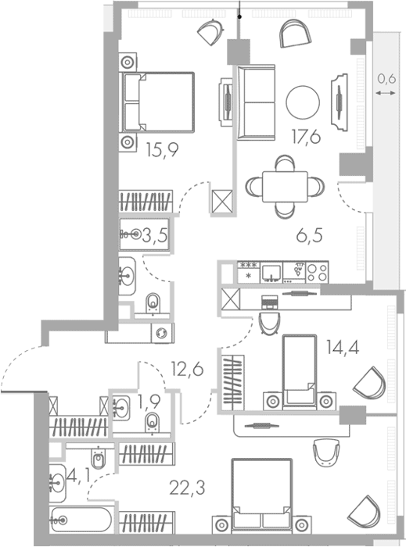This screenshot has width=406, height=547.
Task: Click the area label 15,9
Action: click(163, 150)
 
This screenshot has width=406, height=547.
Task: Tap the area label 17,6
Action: click(306, 137)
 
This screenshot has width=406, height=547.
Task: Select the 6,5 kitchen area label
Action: click(309, 236)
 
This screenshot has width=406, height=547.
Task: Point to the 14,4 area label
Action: click(343, 347)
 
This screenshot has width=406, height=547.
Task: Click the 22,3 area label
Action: click(187, 488)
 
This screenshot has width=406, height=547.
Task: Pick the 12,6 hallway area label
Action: click(187, 369)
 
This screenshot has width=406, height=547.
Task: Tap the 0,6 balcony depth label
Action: click(386, 79)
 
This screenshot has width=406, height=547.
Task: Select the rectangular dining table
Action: click(285, 187)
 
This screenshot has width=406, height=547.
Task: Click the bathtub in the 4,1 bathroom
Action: click(81, 520)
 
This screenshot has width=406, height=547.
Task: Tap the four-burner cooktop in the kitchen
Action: click(318, 273)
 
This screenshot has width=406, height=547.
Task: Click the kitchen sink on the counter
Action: click(271, 273)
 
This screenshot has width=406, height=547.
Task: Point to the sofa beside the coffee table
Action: click(256, 102)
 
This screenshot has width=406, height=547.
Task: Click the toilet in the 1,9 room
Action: click(153, 423)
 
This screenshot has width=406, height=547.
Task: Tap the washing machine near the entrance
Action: click(163, 333)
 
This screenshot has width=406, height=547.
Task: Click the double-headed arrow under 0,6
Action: click(386, 93)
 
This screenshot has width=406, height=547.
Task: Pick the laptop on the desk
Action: click(270, 302)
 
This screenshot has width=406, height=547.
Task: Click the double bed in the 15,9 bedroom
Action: click(156, 102)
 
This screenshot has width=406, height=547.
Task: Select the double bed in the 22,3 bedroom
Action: click(261, 495)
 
